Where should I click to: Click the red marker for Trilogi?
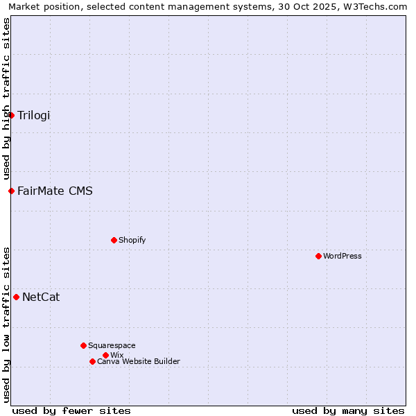(12, 115)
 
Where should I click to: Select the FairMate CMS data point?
(12, 191)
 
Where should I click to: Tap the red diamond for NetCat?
(17, 297)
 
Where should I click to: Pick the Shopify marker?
(114, 240)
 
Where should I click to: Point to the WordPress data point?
(318, 256)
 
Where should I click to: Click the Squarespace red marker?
(83, 345)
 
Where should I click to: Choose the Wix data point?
(105, 355)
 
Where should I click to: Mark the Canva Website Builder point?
(92, 361)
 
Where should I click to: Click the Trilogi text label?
(34, 115)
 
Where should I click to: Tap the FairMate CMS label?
(55, 191)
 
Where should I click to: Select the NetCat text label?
(41, 297)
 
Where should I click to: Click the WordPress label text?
(343, 256)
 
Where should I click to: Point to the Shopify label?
(132, 240)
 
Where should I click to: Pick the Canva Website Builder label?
(138, 361)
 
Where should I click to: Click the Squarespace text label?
(112, 345)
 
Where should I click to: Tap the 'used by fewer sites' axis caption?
(71, 410)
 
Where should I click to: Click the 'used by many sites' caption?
(348, 410)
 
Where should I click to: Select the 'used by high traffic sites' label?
(6, 98)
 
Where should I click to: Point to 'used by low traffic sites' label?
(6, 324)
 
